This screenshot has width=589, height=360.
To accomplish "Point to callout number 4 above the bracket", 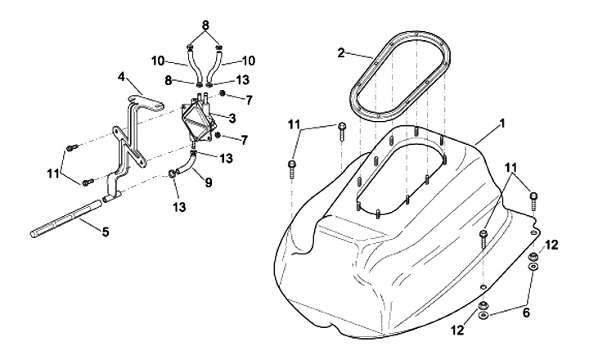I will pos(122,78).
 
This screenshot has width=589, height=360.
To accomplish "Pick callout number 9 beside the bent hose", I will pos(208,183).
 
